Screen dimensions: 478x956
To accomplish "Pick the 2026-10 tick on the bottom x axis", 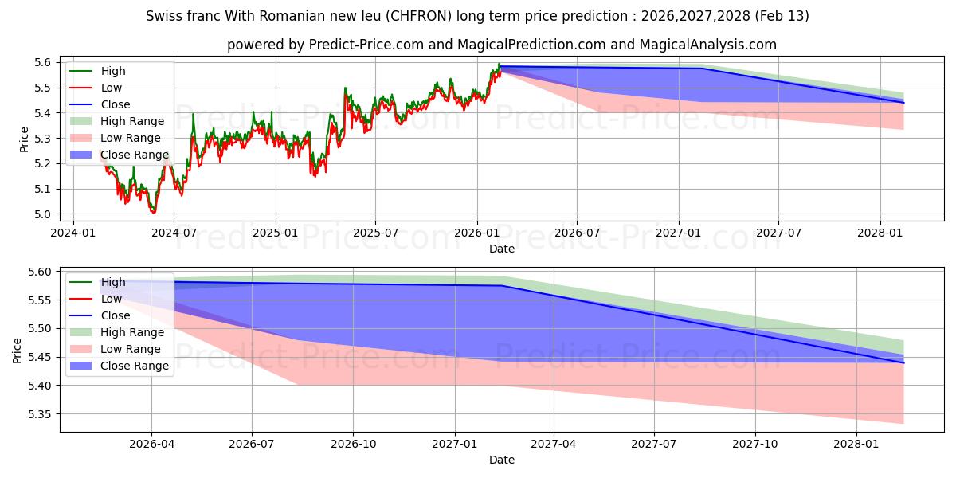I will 353,443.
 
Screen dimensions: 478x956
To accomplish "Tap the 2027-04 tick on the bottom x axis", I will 554,443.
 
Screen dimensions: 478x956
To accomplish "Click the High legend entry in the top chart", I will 113,71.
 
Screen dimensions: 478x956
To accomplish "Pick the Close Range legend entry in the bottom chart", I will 135,366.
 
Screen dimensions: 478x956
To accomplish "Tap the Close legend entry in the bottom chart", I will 116,315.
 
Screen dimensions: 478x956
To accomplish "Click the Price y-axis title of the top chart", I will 25,139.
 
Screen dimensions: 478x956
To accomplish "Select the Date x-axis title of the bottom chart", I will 502,460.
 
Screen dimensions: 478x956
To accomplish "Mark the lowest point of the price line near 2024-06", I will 153,213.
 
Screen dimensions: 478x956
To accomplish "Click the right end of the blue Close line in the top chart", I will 903,103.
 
